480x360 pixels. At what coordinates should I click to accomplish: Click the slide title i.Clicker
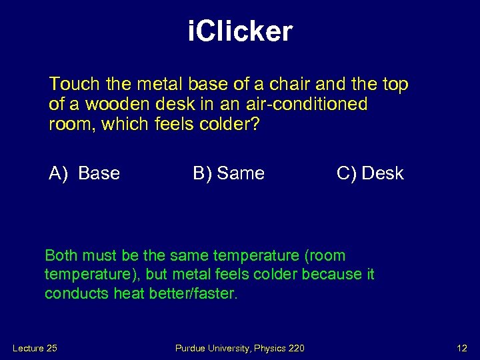[240, 31]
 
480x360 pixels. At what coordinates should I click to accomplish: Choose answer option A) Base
[84, 173]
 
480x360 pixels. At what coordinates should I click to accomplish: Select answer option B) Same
[229, 173]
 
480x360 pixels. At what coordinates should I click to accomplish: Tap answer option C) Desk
[370, 173]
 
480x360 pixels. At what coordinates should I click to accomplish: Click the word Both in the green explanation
[60, 255]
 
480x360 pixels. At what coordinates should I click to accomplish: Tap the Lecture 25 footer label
[35, 348]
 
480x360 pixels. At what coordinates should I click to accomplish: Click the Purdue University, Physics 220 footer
[241, 348]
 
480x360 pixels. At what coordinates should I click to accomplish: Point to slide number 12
[461, 348]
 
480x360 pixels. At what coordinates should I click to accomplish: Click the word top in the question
[395, 85]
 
